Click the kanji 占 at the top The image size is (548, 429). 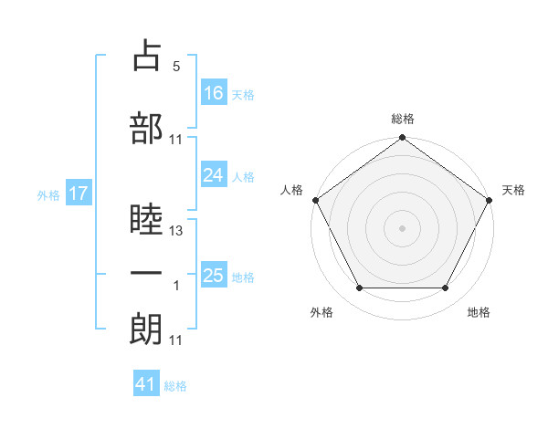pyautogui.click(x=147, y=55)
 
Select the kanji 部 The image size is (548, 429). pyautogui.click(x=146, y=128)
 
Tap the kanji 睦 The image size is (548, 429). pyautogui.click(x=146, y=219)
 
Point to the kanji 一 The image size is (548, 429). pyautogui.click(x=146, y=273)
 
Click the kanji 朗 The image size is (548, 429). pyautogui.click(x=146, y=329)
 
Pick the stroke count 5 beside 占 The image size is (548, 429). pyautogui.click(x=176, y=67)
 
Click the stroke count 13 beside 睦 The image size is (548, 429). pyautogui.click(x=175, y=231)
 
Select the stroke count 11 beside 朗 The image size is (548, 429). pyautogui.click(x=175, y=340)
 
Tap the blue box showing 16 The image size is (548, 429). pyautogui.click(x=214, y=92)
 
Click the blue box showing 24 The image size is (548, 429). pyautogui.click(x=214, y=174)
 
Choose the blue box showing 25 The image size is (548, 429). pyautogui.click(x=214, y=274)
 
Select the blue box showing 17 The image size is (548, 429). pyautogui.click(x=79, y=193)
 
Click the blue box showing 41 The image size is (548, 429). pyautogui.click(x=146, y=382)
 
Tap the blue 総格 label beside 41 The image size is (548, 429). pyautogui.click(x=175, y=386)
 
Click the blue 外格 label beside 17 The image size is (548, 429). pyautogui.click(x=48, y=195)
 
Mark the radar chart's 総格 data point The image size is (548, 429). pyautogui.click(x=402, y=137)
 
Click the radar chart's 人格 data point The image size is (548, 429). pyautogui.click(x=316, y=200)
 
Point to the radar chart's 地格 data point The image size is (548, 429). pyautogui.click(x=446, y=288)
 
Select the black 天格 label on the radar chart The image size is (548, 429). pyautogui.click(x=513, y=190)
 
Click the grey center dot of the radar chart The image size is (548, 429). pyautogui.click(x=402, y=228)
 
